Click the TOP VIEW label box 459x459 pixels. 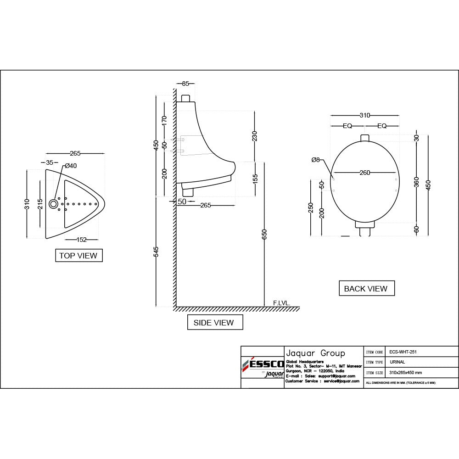coord(78,256)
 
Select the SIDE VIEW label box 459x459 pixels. coord(213,323)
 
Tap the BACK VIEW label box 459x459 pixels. coord(366,289)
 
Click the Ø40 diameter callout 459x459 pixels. coord(71,166)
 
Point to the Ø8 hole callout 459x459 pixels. coord(316,160)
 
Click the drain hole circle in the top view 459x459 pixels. coord(54,204)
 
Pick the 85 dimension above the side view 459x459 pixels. coord(185,84)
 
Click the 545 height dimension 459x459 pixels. coord(157,252)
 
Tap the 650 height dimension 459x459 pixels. coord(264,235)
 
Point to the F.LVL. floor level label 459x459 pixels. coord(281,303)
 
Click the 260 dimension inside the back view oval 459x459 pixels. coord(364,173)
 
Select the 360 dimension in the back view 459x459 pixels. coord(416,181)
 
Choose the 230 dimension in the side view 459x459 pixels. coord(255,136)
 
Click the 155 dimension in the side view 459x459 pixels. coord(255,178)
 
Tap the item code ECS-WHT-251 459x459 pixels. coord(403,352)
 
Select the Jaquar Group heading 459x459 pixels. coord(315,353)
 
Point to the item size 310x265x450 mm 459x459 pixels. coord(406,373)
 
